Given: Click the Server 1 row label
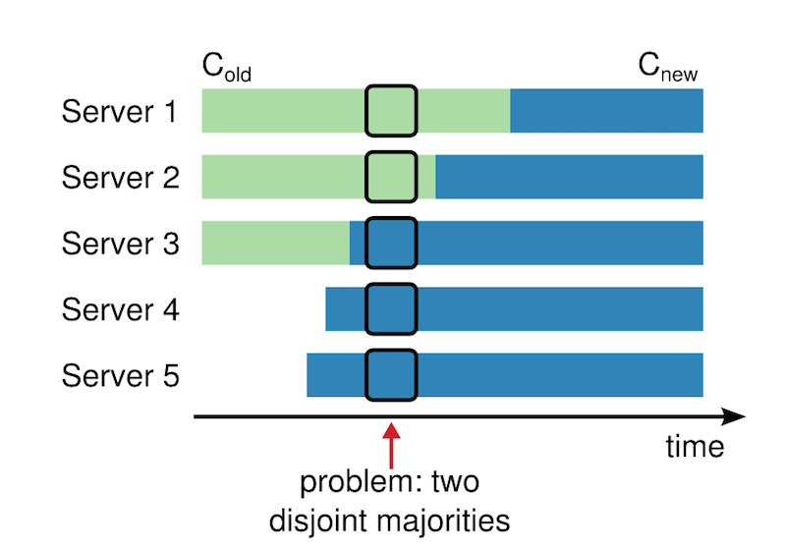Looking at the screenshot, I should click(x=120, y=111).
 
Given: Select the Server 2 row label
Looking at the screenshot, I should click(x=120, y=178).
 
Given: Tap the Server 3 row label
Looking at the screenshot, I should click(x=120, y=244).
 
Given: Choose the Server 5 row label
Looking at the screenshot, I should click(x=120, y=375).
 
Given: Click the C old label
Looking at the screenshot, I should click(x=228, y=68).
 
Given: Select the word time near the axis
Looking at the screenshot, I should click(x=695, y=448).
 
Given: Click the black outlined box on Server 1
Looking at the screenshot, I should click(x=391, y=110).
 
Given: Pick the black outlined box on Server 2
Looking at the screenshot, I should click(x=391, y=177).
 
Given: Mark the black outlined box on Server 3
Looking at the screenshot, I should click(x=391, y=243).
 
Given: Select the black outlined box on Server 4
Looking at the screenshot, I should click(x=391, y=308).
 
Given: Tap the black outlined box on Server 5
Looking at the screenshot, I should click(x=391, y=375).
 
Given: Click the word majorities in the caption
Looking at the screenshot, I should click(x=453, y=518).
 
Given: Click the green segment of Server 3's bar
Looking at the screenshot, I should click(x=275, y=243).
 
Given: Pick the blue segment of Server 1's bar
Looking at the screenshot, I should click(x=606, y=110).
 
